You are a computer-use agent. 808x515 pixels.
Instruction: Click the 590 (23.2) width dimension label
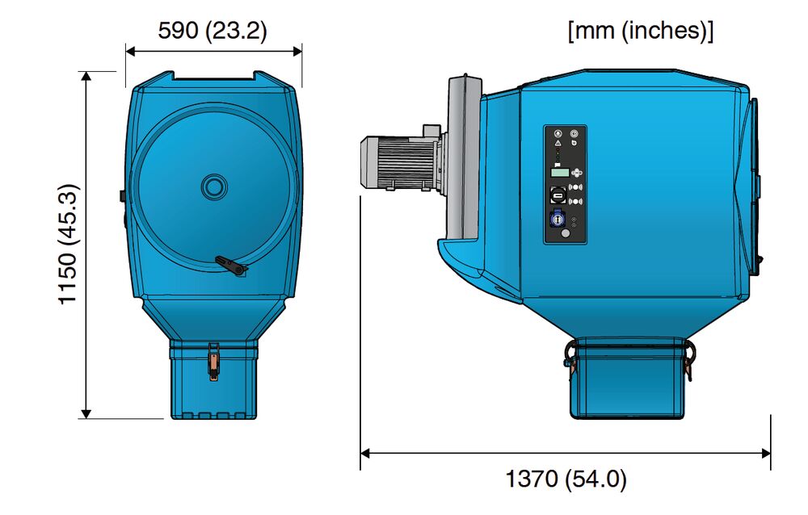tap(213, 31)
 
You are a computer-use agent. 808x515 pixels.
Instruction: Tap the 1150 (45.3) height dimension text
tap(68, 245)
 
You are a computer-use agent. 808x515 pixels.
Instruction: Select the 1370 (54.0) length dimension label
tap(566, 479)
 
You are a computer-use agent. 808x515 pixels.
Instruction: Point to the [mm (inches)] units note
tap(641, 31)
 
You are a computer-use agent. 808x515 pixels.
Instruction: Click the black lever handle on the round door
tap(231, 266)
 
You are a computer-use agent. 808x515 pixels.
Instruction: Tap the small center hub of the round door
tap(214, 187)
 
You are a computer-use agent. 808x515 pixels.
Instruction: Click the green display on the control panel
tap(559, 172)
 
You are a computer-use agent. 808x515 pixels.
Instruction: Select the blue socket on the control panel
tap(557, 220)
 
